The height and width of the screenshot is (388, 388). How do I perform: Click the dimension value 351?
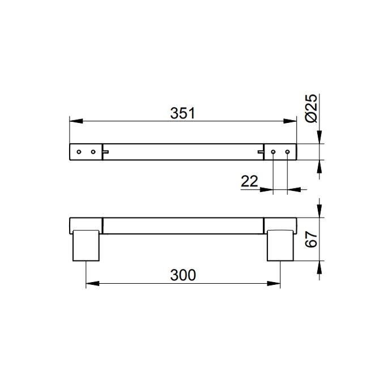pos(182,113)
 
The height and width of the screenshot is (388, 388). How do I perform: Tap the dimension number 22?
pos(250,182)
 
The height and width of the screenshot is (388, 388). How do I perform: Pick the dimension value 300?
pos(182,275)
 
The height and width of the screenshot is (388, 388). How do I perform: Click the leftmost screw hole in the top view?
pos(79,152)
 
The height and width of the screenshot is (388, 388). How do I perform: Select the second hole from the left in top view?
pos(92,152)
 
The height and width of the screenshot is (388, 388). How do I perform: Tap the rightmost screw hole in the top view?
pos(287,152)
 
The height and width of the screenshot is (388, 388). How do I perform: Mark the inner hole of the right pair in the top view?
pos(274,152)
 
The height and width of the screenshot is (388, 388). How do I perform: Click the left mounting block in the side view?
pos(86,245)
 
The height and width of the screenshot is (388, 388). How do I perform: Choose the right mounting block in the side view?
pos(280,245)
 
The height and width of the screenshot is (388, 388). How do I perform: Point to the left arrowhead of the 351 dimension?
pos(73,121)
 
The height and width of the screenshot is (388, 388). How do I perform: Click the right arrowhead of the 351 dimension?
pos(294,121)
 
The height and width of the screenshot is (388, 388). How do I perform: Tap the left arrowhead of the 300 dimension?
pos(89,283)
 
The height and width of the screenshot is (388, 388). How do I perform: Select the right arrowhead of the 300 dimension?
pos(277,283)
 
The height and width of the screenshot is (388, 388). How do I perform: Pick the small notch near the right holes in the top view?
pos(260,151)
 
